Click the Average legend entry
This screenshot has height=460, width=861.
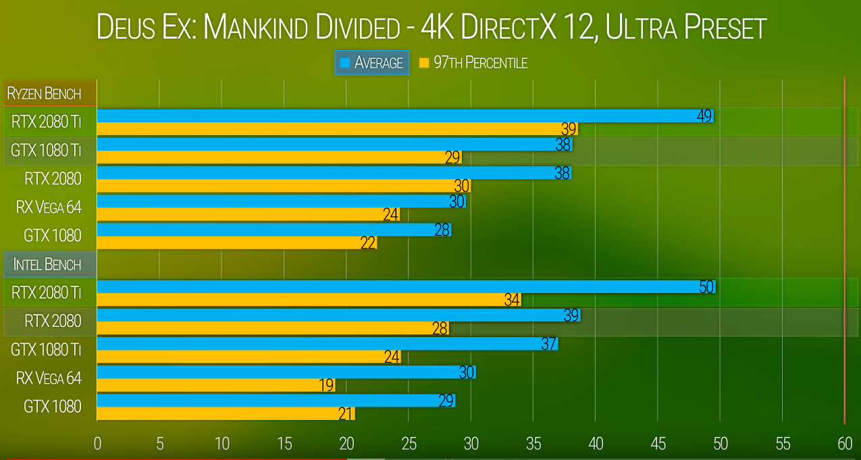[x=372, y=63]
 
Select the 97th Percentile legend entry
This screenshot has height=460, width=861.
[x=473, y=63]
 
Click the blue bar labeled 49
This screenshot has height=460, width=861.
[x=405, y=116]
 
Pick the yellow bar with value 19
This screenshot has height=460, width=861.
[x=216, y=385]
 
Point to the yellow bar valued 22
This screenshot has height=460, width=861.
[x=236, y=242]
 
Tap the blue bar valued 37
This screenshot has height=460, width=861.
[x=328, y=344]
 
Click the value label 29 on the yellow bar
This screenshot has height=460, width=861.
[x=452, y=158]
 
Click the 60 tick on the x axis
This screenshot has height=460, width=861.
[x=845, y=444]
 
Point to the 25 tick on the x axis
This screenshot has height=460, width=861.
[x=409, y=444]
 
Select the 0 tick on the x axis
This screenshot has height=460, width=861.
[x=97, y=444]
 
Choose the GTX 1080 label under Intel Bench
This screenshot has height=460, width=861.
[x=52, y=406]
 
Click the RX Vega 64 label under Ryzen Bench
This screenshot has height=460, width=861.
[x=49, y=207]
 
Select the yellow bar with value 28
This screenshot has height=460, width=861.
[x=273, y=328]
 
